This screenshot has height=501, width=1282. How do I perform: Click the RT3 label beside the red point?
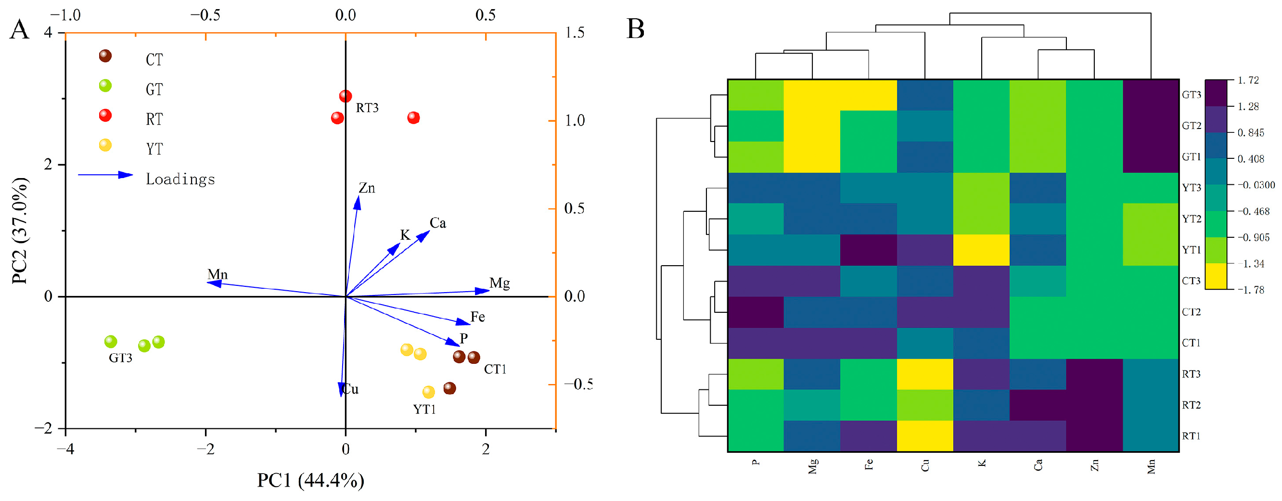(x=367, y=108)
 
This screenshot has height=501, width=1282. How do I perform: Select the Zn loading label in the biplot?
(x=367, y=188)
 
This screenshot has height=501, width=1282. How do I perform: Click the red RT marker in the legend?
(x=105, y=116)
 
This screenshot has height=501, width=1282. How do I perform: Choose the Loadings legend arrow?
(x=105, y=175)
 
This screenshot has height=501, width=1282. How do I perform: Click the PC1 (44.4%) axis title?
(x=310, y=481)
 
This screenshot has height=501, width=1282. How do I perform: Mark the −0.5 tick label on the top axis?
(x=205, y=15)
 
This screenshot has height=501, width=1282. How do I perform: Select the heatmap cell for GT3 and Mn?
(x=1151, y=95)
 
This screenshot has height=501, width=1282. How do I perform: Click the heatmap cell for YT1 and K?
(x=981, y=250)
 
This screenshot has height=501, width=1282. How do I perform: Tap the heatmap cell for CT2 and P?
(x=756, y=312)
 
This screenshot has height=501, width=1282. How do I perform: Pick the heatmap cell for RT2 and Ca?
(x=1038, y=405)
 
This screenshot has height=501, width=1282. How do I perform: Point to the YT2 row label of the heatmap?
(x=1192, y=219)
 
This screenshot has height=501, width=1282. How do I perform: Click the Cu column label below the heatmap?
(x=924, y=466)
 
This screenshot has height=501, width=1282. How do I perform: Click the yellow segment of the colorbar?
(x=1216, y=276)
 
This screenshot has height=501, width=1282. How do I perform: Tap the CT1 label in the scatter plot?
(x=495, y=369)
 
